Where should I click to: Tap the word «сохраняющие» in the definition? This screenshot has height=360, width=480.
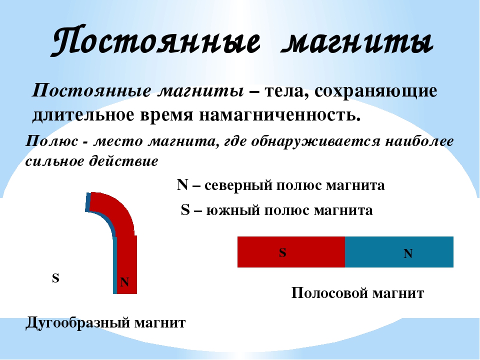point(375,91)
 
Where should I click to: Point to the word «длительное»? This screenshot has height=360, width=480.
point(83,115)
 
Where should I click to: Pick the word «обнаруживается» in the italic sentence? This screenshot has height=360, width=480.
point(315,141)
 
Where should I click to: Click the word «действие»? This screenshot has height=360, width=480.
point(123,161)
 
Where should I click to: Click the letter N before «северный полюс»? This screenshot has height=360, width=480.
point(182,184)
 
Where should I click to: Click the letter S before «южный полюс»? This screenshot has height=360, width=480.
point(185,209)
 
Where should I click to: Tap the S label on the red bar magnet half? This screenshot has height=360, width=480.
point(282,252)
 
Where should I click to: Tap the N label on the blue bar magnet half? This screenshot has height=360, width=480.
point(408,253)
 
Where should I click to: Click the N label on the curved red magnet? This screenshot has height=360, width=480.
point(124,282)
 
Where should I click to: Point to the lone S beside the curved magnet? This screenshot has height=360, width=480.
point(55,278)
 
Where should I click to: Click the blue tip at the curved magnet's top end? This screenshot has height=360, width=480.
point(88,202)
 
